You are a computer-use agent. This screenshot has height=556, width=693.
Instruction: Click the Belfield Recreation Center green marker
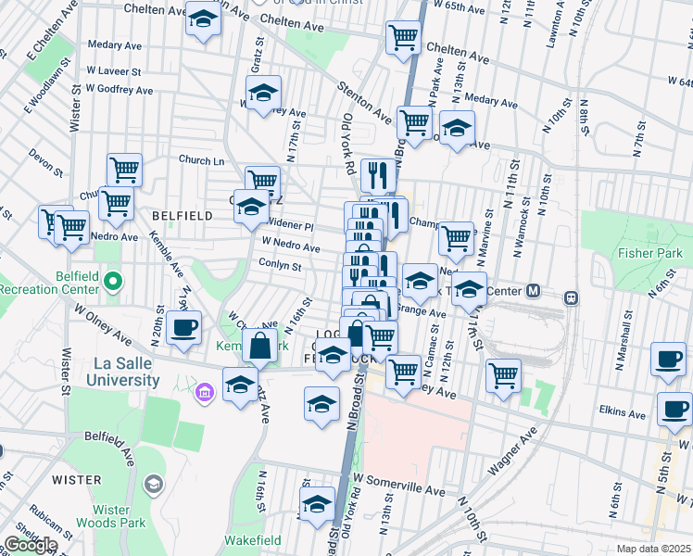[113, 280]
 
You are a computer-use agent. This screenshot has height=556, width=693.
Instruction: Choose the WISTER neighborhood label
[76, 480]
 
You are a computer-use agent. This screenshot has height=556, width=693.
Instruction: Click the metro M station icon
[533, 291]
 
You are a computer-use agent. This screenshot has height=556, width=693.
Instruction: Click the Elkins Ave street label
[623, 412]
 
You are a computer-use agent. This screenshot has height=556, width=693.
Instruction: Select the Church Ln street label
[202, 160]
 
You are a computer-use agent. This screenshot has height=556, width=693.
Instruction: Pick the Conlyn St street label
[281, 267]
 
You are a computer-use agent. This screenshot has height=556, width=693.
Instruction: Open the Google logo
[31, 545]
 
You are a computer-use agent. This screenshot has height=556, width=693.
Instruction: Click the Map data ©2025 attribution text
[653, 549]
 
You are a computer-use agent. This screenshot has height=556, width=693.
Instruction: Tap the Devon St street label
[45, 163]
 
